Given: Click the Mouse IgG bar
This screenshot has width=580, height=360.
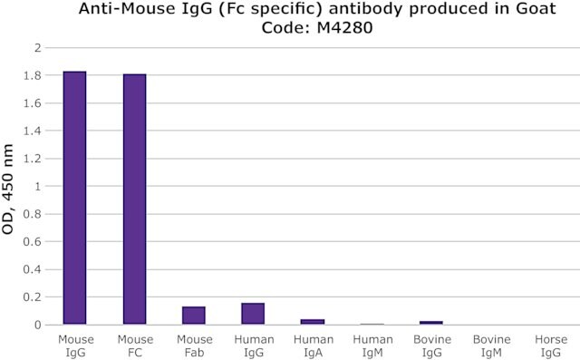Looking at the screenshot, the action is coord(74,198).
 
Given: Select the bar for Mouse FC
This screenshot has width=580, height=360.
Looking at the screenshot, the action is coord(135,199).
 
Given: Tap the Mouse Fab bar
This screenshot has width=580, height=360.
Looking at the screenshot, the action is coord(194,316).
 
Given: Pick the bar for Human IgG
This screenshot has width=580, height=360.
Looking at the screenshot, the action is coord(253,314).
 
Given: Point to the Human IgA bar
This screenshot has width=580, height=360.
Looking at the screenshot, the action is coord(313,322).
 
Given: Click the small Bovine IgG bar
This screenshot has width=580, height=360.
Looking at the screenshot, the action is coord(431,323).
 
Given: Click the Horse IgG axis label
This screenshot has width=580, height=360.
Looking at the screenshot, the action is coord(551,345).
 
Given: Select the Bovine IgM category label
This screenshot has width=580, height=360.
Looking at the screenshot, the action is coord(491,345).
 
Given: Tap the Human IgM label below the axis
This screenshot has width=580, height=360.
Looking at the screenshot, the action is coord(372,345).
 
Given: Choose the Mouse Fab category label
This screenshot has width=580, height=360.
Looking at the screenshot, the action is coord(195,345).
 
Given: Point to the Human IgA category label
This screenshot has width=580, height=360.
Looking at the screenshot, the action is coord(314,345).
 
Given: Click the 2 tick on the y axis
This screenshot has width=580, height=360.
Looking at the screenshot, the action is coord(37,47).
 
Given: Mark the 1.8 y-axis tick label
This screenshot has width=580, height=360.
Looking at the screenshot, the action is coord(33,75).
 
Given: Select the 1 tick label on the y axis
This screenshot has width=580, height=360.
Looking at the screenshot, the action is coord(38,186).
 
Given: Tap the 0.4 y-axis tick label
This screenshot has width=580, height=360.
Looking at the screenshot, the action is coord(33,269).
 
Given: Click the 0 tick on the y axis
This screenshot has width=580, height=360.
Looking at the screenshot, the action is coord(37,325).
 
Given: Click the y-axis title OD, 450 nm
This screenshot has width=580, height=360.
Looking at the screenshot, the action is coord(8,189).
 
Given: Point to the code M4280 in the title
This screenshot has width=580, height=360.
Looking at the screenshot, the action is coord(344,28).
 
